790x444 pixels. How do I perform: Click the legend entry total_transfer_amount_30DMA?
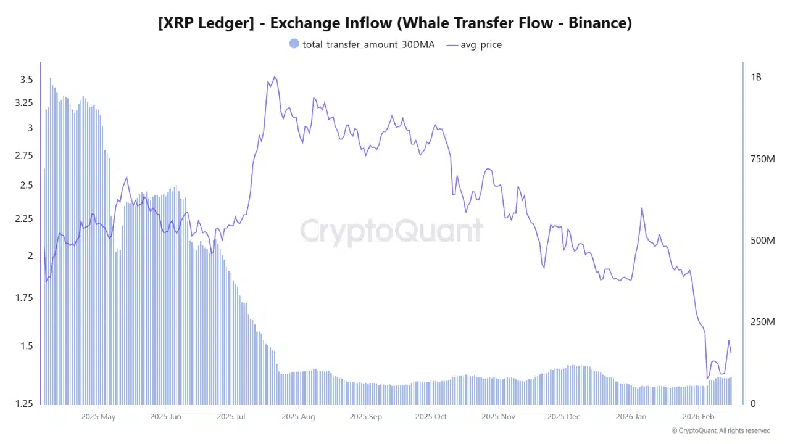click(x=368, y=44)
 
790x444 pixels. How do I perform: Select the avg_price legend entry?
click(x=481, y=44)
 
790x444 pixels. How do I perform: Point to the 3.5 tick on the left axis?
click(x=27, y=80)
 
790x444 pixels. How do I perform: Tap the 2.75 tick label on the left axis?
click(x=24, y=155)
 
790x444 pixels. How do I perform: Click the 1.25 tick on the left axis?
click(x=24, y=404)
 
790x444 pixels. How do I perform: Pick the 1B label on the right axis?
click(x=756, y=78)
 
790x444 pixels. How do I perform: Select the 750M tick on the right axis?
click(x=762, y=159)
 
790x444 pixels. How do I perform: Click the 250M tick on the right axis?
click(x=762, y=322)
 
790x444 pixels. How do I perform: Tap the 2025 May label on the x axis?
click(x=98, y=417)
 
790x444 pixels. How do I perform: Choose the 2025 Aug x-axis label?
click(x=298, y=417)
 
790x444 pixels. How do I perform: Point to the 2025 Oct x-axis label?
click(x=431, y=417)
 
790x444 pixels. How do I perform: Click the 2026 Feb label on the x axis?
click(x=697, y=417)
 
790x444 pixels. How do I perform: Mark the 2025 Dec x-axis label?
click(x=563, y=417)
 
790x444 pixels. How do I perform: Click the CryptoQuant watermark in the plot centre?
click(x=392, y=231)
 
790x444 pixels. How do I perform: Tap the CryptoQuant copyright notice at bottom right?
click(x=721, y=431)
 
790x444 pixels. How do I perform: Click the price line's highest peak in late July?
click(x=275, y=77)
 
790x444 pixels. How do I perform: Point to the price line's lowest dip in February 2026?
click(x=707, y=379)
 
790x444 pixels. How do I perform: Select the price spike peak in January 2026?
click(x=642, y=208)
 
